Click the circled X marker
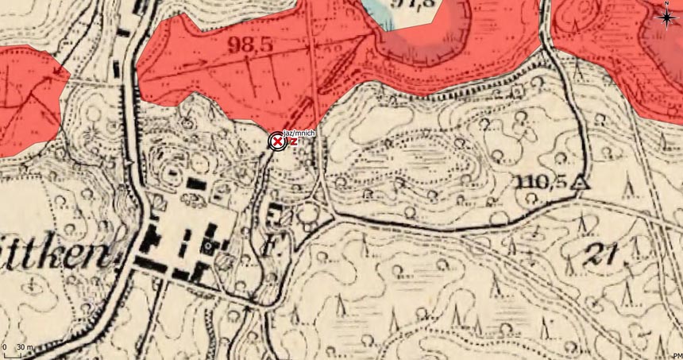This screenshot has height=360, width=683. pyautogui.click(x=276, y=141)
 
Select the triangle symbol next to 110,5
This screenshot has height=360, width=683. pyautogui.click(x=581, y=182)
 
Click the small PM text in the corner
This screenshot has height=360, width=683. pyautogui.click(x=677, y=355)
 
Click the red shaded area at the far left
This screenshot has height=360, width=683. pyautogui.click(x=28, y=95)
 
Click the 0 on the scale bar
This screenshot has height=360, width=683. pyautogui.click(x=5, y=348)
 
